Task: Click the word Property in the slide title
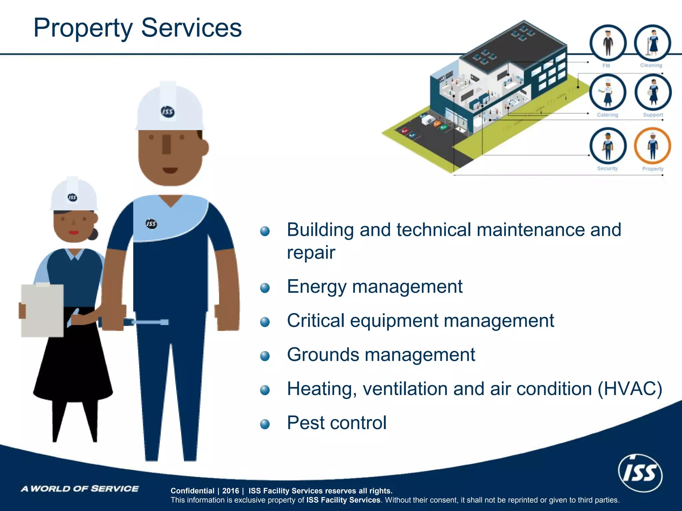(83, 28)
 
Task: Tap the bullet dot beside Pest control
(265, 424)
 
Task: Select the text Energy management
(374, 286)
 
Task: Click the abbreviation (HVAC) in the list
(630, 389)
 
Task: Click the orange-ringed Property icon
(652, 146)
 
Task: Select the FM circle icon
(608, 43)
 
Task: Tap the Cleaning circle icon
(652, 43)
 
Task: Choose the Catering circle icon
(608, 92)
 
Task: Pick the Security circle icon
(608, 146)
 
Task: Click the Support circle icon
(653, 92)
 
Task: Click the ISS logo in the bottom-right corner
(640, 473)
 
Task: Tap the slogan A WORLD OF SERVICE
(80, 488)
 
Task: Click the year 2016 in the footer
(230, 491)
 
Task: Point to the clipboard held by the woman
(42, 310)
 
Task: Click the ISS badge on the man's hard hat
(167, 111)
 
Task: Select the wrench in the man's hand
(147, 322)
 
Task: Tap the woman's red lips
(74, 232)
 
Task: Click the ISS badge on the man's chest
(151, 224)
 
